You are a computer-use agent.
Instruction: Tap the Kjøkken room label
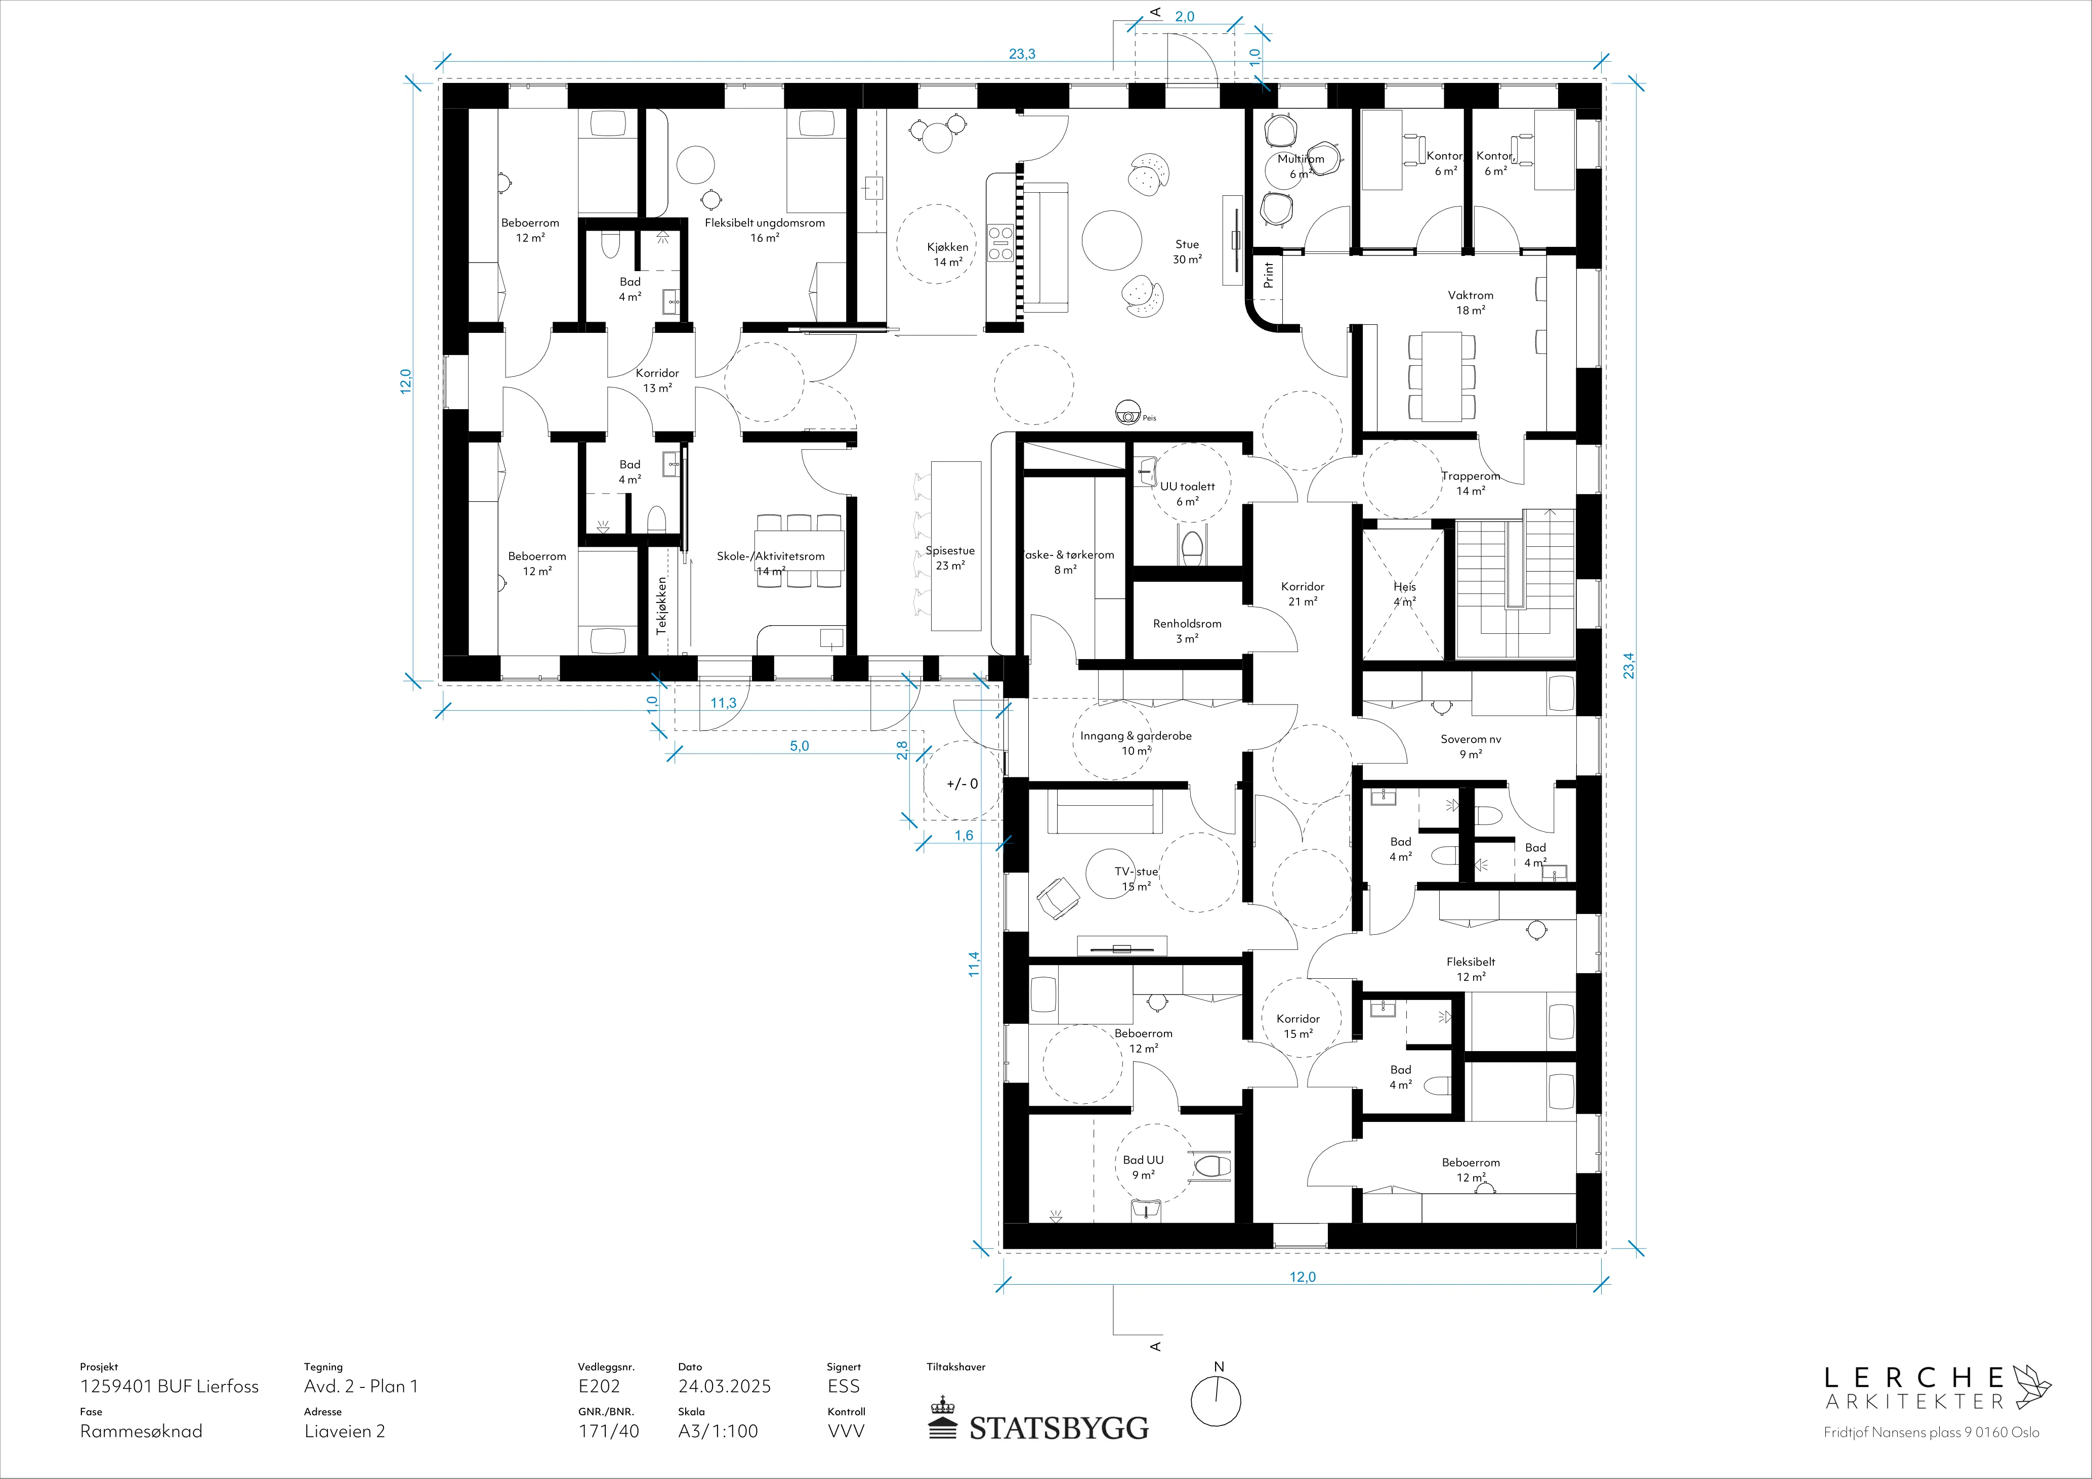(x=948, y=254)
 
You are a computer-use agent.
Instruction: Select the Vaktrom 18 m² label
(x=1471, y=302)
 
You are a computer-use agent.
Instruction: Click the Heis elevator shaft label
(x=1404, y=594)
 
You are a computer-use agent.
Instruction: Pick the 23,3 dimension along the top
(x=1021, y=54)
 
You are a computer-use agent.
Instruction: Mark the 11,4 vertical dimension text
(x=974, y=965)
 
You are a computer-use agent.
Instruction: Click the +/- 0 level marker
(x=962, y=783)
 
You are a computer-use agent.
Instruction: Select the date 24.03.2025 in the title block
(x=724, y=1386)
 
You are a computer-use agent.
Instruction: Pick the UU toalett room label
(x=1187, y=494)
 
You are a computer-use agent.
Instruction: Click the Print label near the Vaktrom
(x=1268, y=275)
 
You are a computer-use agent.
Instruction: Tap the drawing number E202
(x=599, y=1386)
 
